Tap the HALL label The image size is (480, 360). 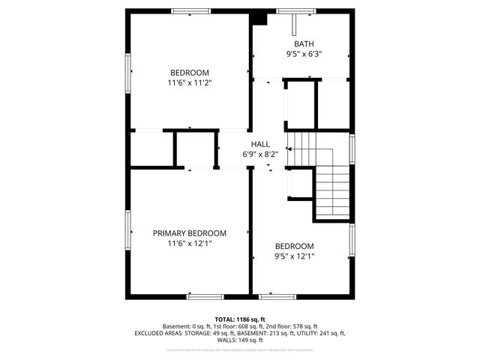point(260,144)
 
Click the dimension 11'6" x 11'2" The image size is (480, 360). point(189,82)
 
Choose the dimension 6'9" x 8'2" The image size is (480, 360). point(260,154)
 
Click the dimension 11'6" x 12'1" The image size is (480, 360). point(189,243)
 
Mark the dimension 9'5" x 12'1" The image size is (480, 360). point(294,256)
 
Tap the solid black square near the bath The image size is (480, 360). point(259,17)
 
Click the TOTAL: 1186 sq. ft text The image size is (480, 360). point(240,319)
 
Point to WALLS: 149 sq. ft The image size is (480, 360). point(240,340)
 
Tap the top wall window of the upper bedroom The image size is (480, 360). point(190,11)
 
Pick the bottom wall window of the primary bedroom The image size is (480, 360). point(205,297)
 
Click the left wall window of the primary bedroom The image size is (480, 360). point(127,233)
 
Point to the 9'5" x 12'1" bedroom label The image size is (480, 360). point(294,246)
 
